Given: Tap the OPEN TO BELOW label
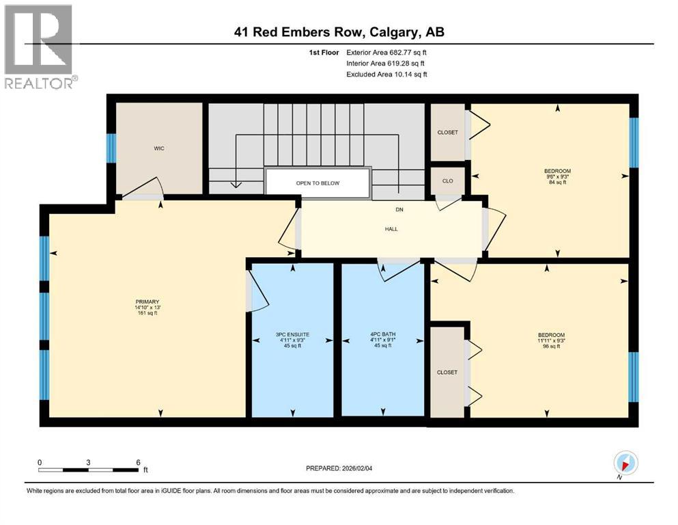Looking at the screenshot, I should (317, 183).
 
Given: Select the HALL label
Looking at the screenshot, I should (391, 229).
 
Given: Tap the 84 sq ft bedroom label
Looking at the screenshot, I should (558, 177).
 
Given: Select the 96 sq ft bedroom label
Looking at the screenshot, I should (549, 340).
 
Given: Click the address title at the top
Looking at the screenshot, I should (339, 32).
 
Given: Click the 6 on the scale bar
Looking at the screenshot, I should (137, 462).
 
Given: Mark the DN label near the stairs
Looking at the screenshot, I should (399, 211).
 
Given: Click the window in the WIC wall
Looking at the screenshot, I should (111, 148).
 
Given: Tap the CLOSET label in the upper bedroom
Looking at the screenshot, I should (448, 132).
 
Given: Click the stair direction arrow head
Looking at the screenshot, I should (236, 183).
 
